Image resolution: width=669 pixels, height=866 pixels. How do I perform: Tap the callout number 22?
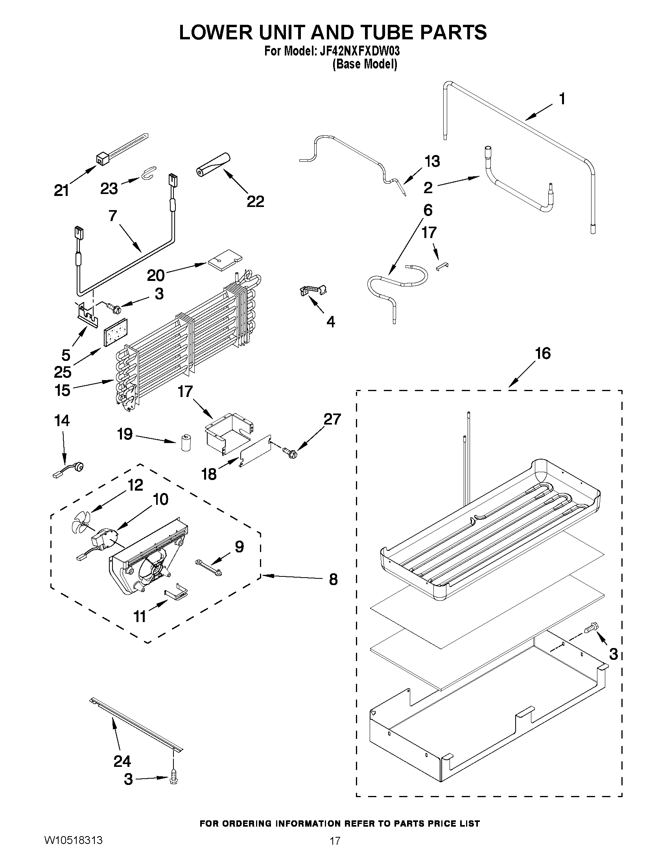click(x=255, y=201)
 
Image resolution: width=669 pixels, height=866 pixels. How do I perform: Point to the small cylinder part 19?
click(x=184, y=443)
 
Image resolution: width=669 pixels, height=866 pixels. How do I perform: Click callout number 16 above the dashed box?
click(x=543, y=353)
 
